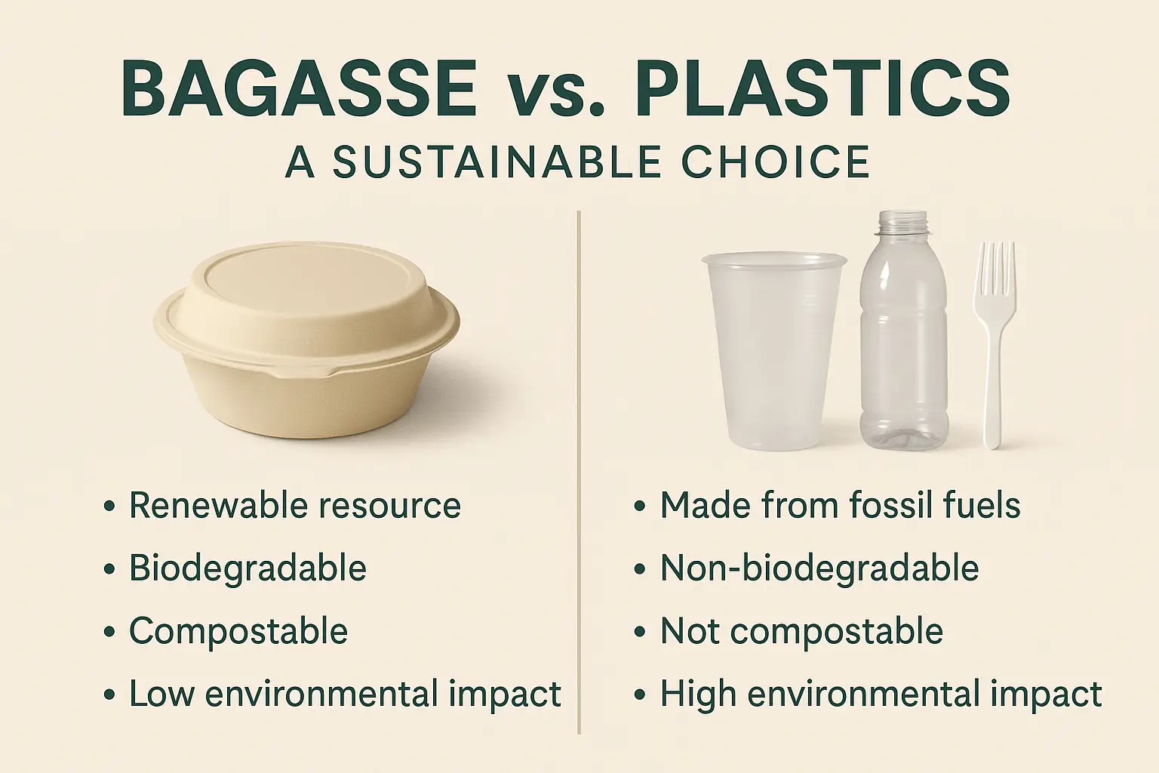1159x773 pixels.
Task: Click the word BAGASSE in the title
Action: click(x=299, y=88)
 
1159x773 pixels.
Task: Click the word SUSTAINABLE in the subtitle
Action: click(x=496, y=162)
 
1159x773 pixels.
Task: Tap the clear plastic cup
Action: click(x=773, y=351)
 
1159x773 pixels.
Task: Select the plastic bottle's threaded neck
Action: click(x=904, y=223)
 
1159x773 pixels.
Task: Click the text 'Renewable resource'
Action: click(x=295, y=505)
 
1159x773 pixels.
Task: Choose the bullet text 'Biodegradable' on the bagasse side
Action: click(x=247, y=568)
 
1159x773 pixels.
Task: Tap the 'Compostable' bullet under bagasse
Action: click(x=238, y=631)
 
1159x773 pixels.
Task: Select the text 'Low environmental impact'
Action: click(x=345, y=693)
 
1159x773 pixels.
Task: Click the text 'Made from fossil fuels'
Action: click(x=841, y=505)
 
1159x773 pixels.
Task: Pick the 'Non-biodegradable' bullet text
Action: click(x=819, y=568)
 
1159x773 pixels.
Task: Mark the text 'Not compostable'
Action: click(x=801, y=631)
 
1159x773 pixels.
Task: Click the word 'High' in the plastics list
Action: click(x=698, y=694)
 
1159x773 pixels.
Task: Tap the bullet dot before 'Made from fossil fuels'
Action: click(x=640, y=506)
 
